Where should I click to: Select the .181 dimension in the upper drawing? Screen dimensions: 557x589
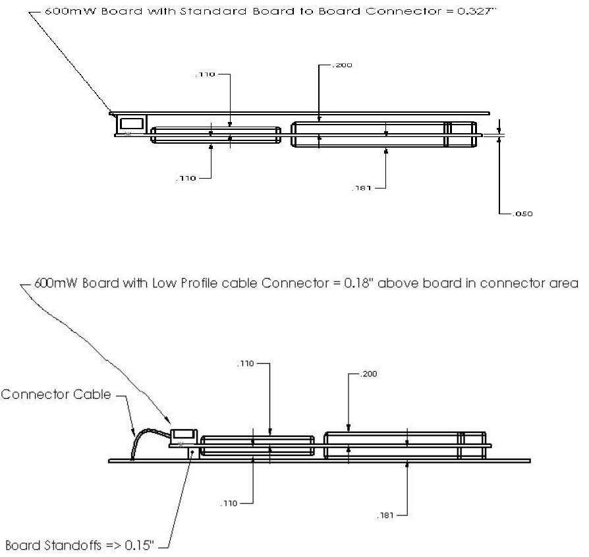(362, 188)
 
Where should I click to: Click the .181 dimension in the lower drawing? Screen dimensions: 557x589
(387, 515)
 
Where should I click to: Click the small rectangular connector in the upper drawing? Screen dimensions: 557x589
(132, 123)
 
